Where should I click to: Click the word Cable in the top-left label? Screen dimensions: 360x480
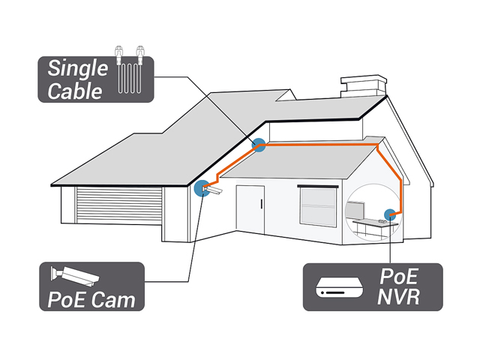(75, 91)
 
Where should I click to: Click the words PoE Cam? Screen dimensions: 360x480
(91, 300)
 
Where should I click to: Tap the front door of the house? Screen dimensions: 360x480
(250, 212)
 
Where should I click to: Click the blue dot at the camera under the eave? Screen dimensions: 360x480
(201, 188)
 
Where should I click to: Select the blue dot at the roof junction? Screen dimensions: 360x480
(259, 145)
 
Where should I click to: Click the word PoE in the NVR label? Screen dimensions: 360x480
(398, 275)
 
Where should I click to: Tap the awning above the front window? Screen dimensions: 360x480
(321, 184)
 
